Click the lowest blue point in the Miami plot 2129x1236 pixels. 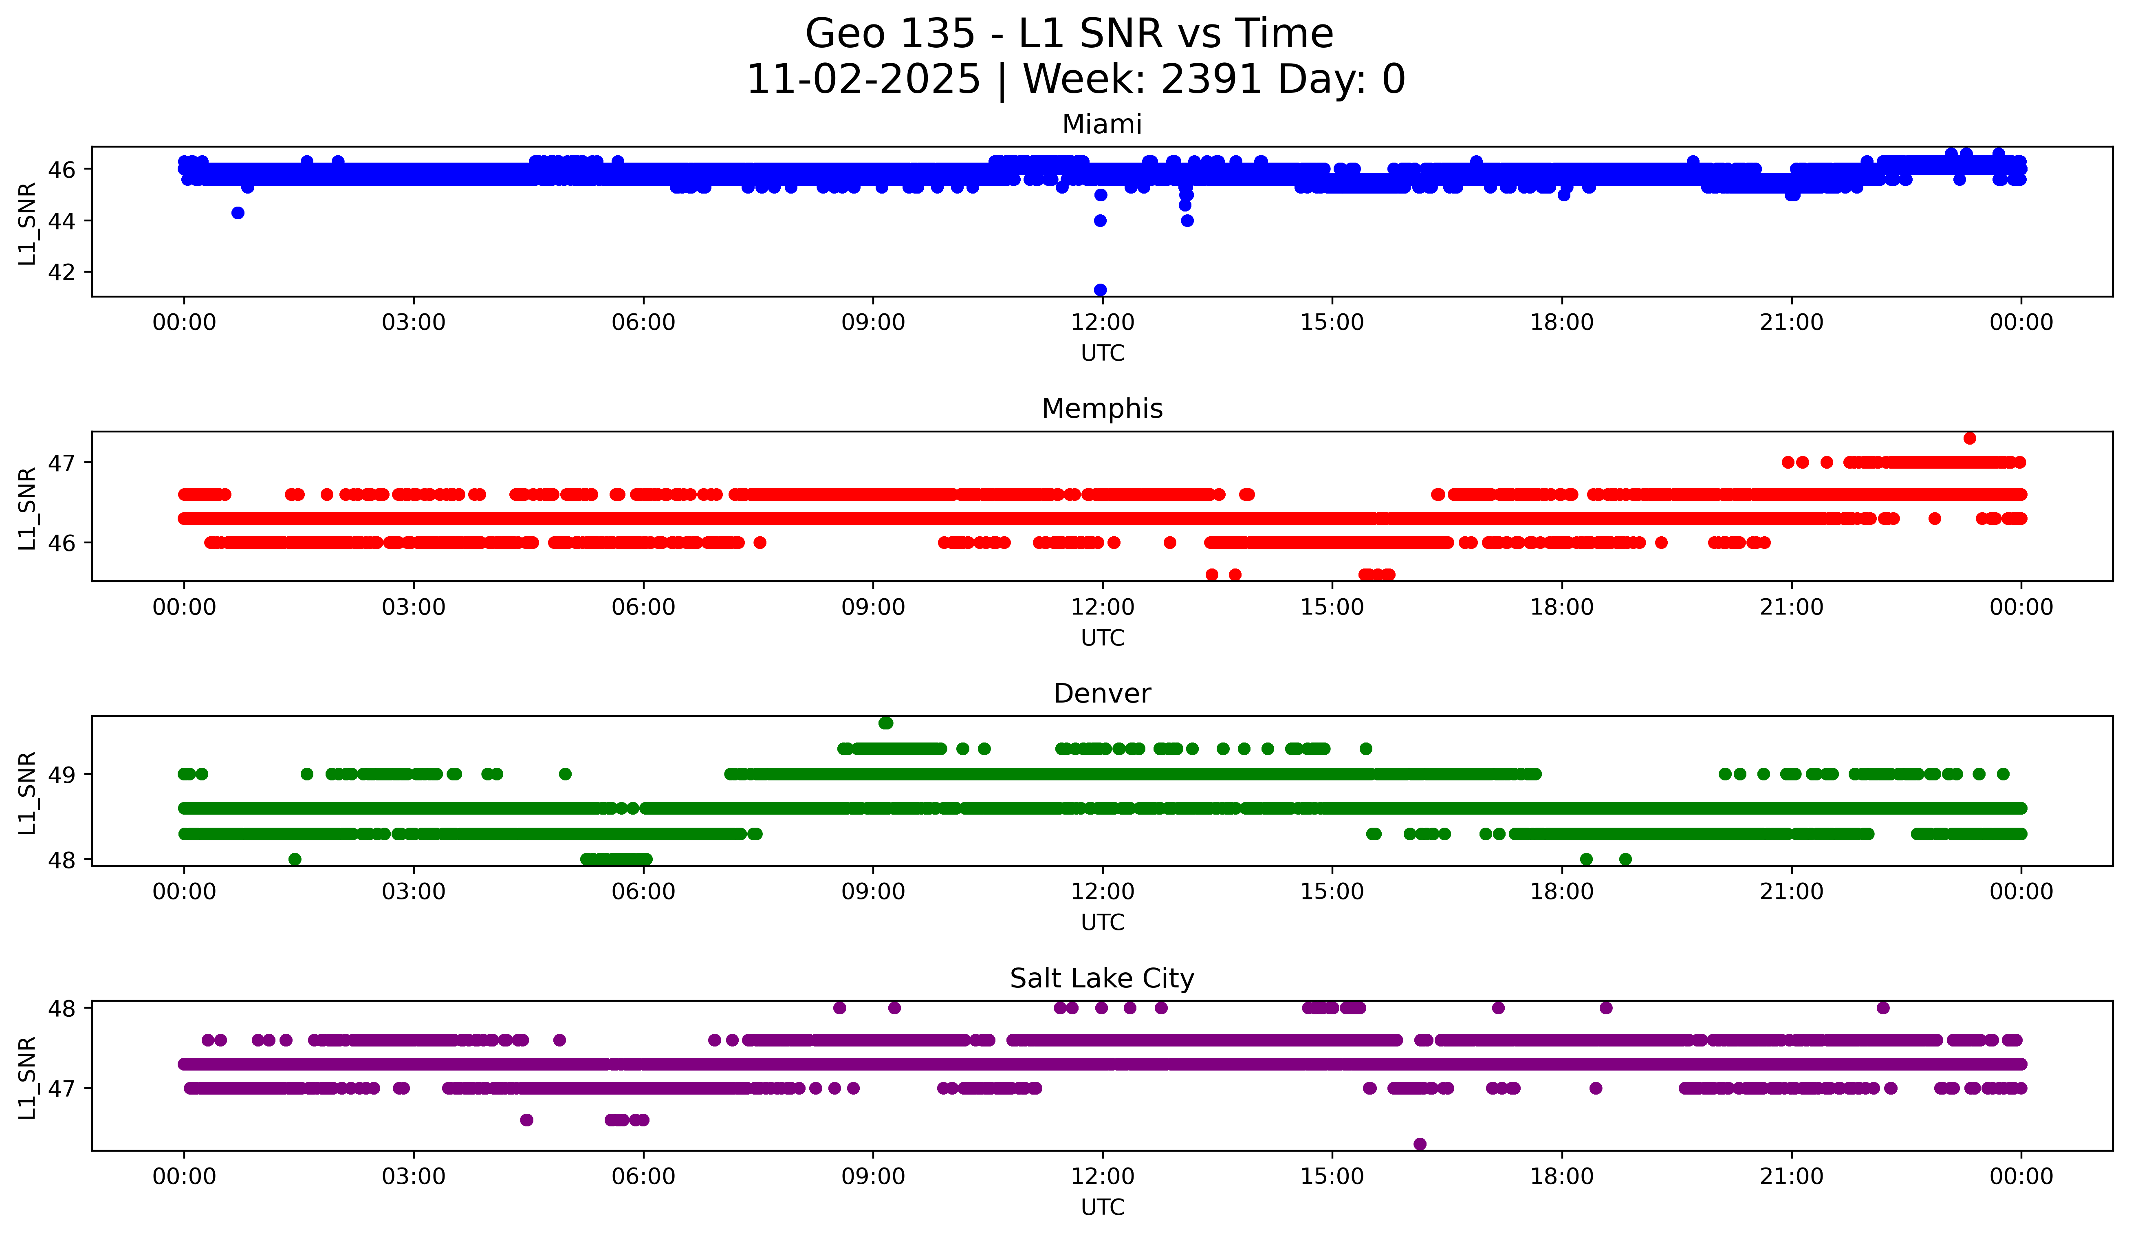tap(1100, 290)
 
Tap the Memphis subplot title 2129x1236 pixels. tap(1102, 409)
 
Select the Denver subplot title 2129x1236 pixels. tap(1102, 694)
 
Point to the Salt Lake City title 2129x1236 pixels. tap(1102, 978)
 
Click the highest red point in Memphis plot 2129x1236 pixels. tap(1969, 438)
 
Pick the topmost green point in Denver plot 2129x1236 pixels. tap(885, 723)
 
